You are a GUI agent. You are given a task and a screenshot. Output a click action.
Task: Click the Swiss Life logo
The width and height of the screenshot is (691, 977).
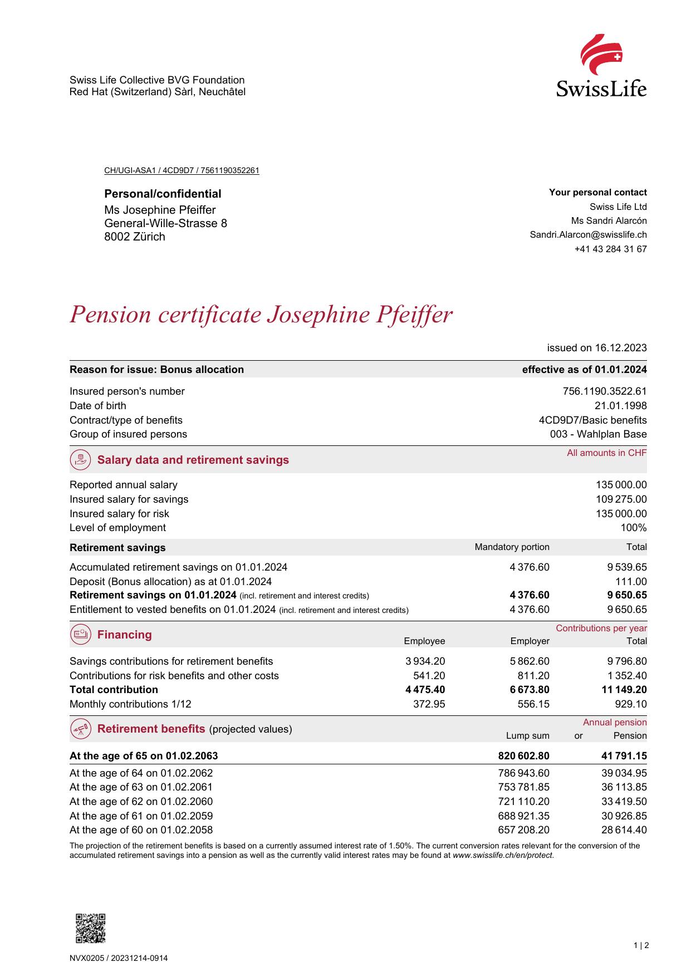(601, 66)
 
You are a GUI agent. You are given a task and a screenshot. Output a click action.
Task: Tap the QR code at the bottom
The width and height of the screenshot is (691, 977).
(90, 929)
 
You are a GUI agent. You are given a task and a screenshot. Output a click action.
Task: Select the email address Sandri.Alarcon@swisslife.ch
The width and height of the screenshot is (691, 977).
(588, 235)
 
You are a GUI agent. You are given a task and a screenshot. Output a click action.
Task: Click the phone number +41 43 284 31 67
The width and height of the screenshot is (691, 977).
(610, 249)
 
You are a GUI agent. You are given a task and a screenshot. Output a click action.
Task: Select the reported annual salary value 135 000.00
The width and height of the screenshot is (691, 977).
(621, 485)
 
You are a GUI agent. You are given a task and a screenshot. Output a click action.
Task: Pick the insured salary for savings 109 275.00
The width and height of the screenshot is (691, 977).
(621, 499)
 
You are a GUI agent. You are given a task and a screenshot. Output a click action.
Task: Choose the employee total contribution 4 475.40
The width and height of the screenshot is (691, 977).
(425, 690)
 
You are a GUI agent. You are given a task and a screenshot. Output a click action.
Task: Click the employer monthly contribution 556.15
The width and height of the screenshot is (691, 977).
(533, 704)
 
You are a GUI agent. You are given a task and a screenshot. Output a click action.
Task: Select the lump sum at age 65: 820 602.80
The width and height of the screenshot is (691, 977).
(523, 756)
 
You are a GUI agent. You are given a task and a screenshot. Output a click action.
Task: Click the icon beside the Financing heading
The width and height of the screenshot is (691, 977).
(81, 635)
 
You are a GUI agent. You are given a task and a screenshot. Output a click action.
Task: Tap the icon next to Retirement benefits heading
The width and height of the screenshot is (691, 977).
(81, 729)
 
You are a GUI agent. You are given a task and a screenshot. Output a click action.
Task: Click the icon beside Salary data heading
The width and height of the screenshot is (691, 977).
(81, 460)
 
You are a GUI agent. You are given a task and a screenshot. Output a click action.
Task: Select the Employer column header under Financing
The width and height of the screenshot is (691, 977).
(530, 641)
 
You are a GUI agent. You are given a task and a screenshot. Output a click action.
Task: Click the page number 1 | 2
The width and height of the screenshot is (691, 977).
(641, 945)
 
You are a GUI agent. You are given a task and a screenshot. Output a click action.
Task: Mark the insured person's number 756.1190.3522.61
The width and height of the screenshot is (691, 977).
(605, 391)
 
